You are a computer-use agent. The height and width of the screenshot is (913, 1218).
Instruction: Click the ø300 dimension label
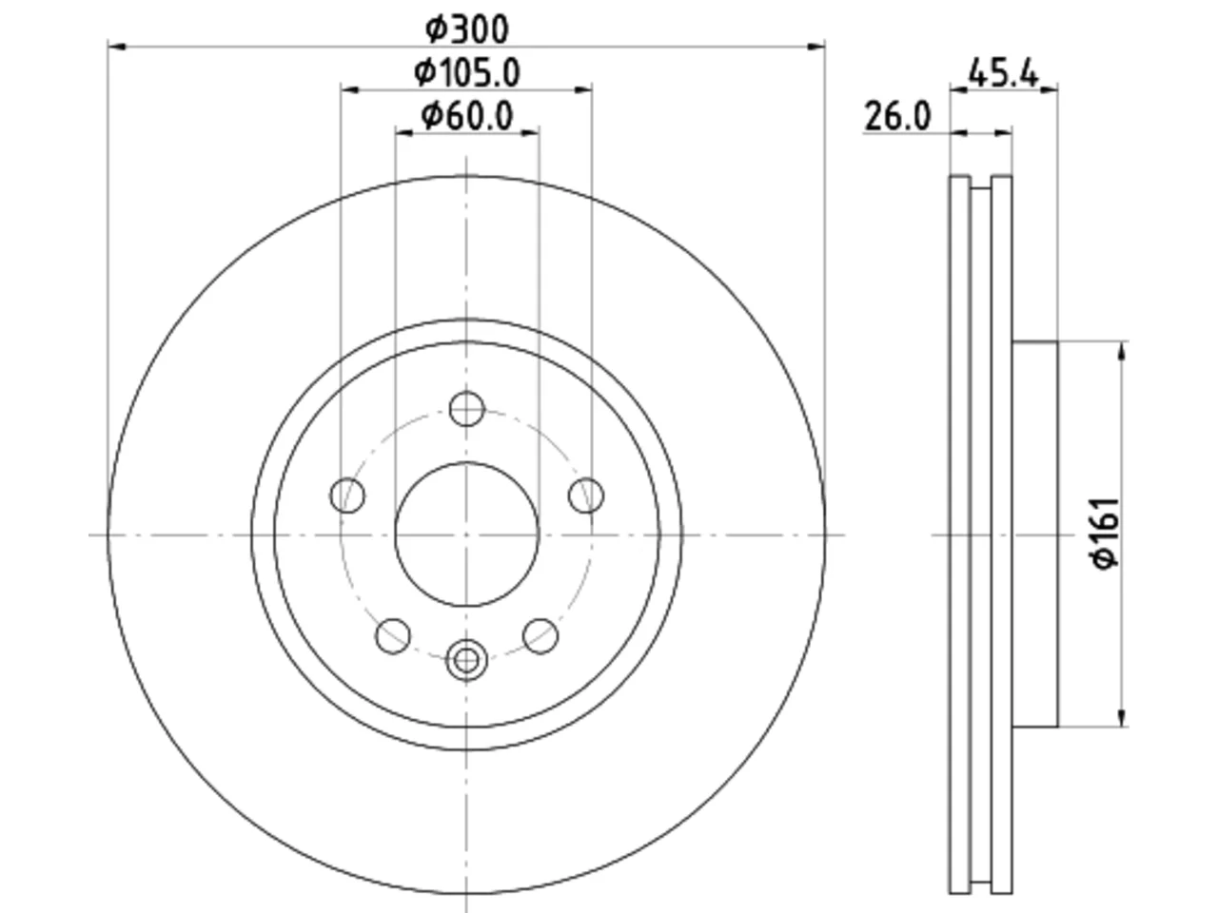pyautogui.click(x=466, y=29)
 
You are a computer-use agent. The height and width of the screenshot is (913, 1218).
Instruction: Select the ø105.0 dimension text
pyautogui.click(x=466, y=72)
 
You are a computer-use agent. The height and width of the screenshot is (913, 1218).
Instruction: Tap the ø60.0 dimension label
pyautogui.click(x=466, y=116)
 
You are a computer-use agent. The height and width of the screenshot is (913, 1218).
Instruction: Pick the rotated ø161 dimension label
pyautogui.click(x=1105, y=534)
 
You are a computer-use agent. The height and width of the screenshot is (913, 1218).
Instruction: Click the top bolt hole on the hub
pyautogui.click(x=466, y=409)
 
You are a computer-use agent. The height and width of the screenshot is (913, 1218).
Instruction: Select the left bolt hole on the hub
pyautogui.click(x=347, y=495)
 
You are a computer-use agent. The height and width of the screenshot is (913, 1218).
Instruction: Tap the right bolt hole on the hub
pyautogui.click(x=586, y=495)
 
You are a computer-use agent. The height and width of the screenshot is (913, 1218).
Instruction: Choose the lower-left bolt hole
pyautogui.click(x=393, y=636)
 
